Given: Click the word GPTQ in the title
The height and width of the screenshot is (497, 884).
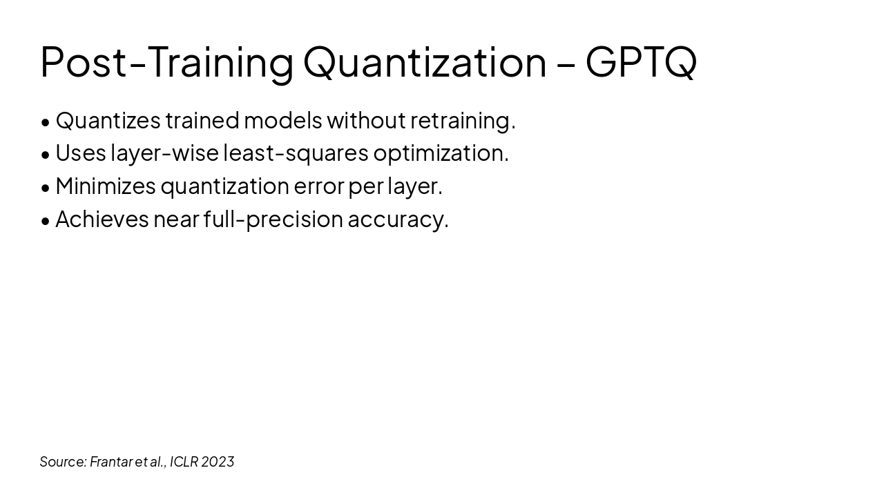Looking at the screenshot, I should (x=641, y=62).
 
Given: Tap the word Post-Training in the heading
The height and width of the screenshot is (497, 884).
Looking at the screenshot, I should (x=166, y=62).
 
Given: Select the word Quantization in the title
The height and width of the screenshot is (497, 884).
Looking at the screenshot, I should (x=425, y=62).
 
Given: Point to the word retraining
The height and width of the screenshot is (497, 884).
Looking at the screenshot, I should (x=463, y=121).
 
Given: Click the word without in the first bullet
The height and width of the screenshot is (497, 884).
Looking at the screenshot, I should (x=366, y=121).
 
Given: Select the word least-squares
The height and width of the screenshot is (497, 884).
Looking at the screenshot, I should (x=296, y=153).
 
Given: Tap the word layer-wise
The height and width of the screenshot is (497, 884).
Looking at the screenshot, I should (x=164, y=153).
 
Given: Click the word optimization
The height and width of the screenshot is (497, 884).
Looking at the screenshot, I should (x=441, y=153).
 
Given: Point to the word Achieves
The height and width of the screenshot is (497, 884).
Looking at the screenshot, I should (x=102, y=220).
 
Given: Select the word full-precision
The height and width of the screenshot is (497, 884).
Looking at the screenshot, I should (x=273, y=220).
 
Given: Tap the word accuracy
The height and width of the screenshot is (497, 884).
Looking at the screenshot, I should (x=398, y=220).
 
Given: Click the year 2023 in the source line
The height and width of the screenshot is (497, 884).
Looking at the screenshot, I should (x=218, y=462).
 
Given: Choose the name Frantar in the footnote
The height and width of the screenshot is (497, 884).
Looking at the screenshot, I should (x=110, y=462).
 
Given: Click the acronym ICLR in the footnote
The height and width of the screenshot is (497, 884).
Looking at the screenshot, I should (x=184, y=462).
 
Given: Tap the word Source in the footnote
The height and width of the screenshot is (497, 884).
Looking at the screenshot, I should (x=62, y=462).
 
